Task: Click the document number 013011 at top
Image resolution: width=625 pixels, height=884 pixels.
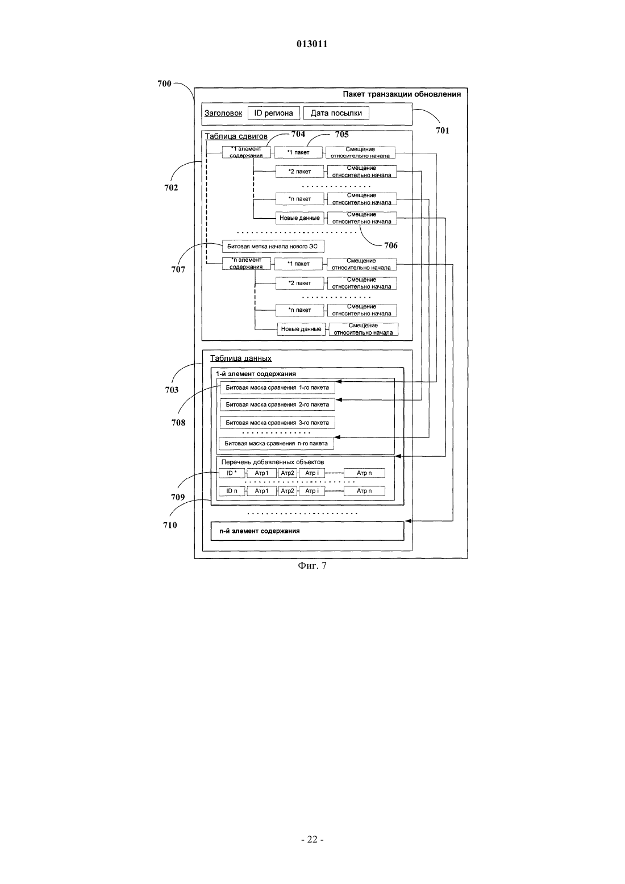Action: pyautogui.click(x=312, y=44)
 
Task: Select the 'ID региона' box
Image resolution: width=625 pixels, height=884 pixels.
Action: pyautogui.click(x=273, y=113)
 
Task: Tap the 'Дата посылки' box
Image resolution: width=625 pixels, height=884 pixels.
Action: pyautogui.click(x=336, y=113)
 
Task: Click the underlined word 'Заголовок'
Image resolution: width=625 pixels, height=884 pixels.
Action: pyautogui.click(x=223, y=113)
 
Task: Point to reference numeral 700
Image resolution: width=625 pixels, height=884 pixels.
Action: pyautogui.click(x=164, y=84)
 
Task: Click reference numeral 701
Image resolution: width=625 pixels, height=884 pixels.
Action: pyautogui.click(x=442, y=131)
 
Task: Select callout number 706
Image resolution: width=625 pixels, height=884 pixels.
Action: pyautogui.click(x=391, y=245)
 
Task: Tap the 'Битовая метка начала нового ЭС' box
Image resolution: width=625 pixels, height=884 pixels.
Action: pyautogui.click(x=273, y=247)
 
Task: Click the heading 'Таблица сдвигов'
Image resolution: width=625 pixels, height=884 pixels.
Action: pyautogui.click(x=236, y=136)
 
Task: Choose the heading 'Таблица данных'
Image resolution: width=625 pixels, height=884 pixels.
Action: pyautogui.click(x=241, y=358)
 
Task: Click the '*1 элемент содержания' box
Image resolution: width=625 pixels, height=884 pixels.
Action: pyautogui.click(x=246, y=152)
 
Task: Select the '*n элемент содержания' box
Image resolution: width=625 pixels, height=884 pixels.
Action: pyautogui.click(x=246, y=264)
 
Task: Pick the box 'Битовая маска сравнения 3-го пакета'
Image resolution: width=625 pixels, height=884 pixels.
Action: pyautogui.click(x=277, y=423)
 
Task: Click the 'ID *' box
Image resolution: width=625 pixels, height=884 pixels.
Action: pyautogui.click(x=232, y=473)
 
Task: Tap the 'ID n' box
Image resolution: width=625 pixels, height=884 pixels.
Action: pyautogui.click(x=232, y=491)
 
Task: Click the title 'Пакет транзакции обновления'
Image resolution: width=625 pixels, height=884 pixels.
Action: pyautogui.click(x=402, y=94)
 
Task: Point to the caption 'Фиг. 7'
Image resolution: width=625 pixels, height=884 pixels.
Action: pyautogui.click(x=312, y=566)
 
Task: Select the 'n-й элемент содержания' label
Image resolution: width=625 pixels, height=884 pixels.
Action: pyautogui.click(x=260, y=531)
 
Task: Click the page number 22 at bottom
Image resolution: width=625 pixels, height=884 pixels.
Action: pyautogui.click(x=312, y=840)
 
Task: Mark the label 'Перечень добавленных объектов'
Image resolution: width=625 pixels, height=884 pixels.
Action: pyautogui.click(x=273, y=462)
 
